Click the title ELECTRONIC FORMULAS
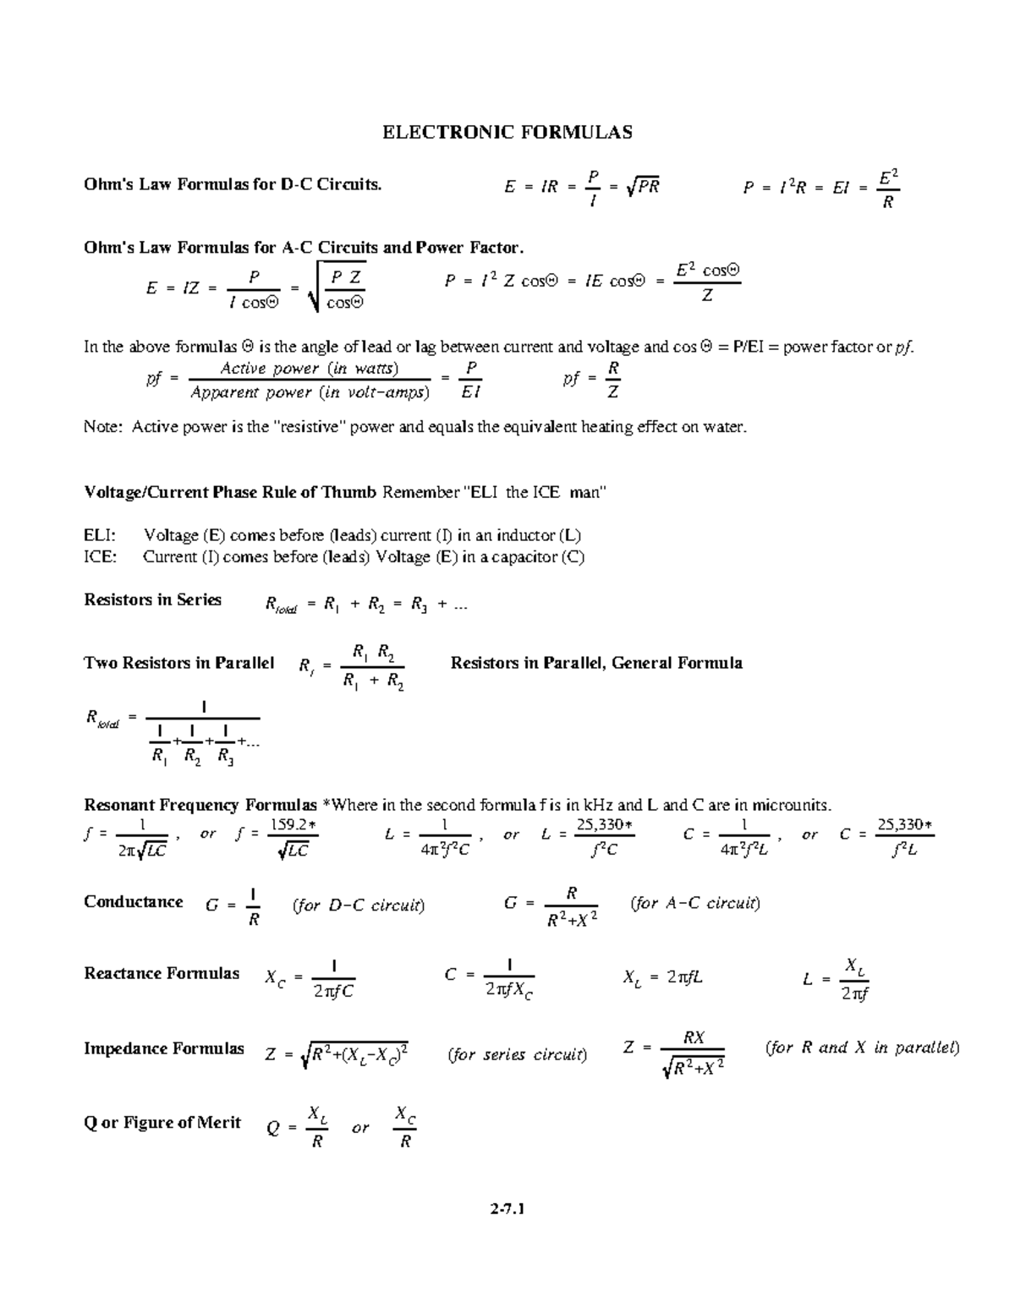507,132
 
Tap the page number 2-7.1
507,1210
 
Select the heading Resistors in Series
153,599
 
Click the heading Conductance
134,901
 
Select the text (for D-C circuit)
359,905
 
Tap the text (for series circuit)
518,1054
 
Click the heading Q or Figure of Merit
162,1123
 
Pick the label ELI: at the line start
101,535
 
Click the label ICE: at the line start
101,557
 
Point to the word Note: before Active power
103,427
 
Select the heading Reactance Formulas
162,973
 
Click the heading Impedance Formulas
164,1048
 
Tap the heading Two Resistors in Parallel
179,663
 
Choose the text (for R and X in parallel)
862,1048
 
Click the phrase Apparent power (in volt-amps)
310,393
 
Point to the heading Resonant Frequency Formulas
200,804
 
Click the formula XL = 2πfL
662,978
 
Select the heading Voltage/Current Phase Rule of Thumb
230,492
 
